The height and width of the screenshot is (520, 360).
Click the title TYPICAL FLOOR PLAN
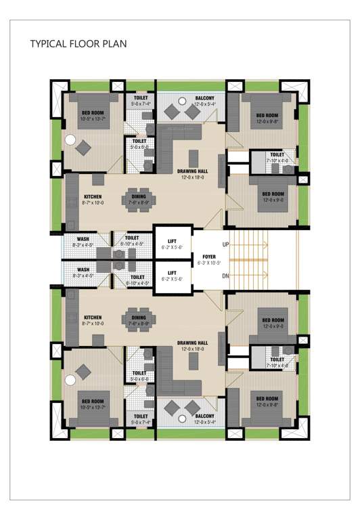[x=78, y=44]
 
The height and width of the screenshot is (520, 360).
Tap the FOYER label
[x=208, y=257]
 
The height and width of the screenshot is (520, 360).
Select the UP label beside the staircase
[x=225, y=244]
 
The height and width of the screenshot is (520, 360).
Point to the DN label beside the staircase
[x=225, y=275]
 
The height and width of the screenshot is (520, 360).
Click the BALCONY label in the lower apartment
[x=205, y=416]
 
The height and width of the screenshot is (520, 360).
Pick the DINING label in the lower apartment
[x=138, y=318]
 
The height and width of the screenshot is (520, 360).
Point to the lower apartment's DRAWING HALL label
[x=192, y=343]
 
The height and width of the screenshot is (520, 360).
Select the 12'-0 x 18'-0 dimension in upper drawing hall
[x=192, y=179]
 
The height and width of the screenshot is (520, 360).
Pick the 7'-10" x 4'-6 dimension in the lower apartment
[x=277, y=365]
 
